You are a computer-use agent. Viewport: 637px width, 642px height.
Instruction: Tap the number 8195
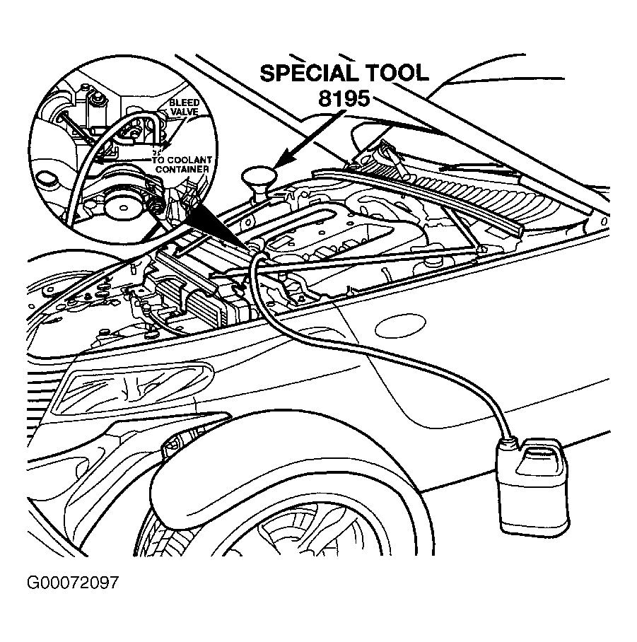click(344, 98)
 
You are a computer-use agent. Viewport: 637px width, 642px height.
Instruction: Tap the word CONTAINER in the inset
click(182, 170)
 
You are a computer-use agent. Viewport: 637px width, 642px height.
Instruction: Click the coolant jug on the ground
click(530, 492)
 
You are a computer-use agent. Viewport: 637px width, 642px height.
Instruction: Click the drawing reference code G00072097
click(71, 583)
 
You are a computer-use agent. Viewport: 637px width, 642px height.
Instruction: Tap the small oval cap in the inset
click(47, 176)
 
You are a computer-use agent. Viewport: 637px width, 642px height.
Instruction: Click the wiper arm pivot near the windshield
click(388, 150)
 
